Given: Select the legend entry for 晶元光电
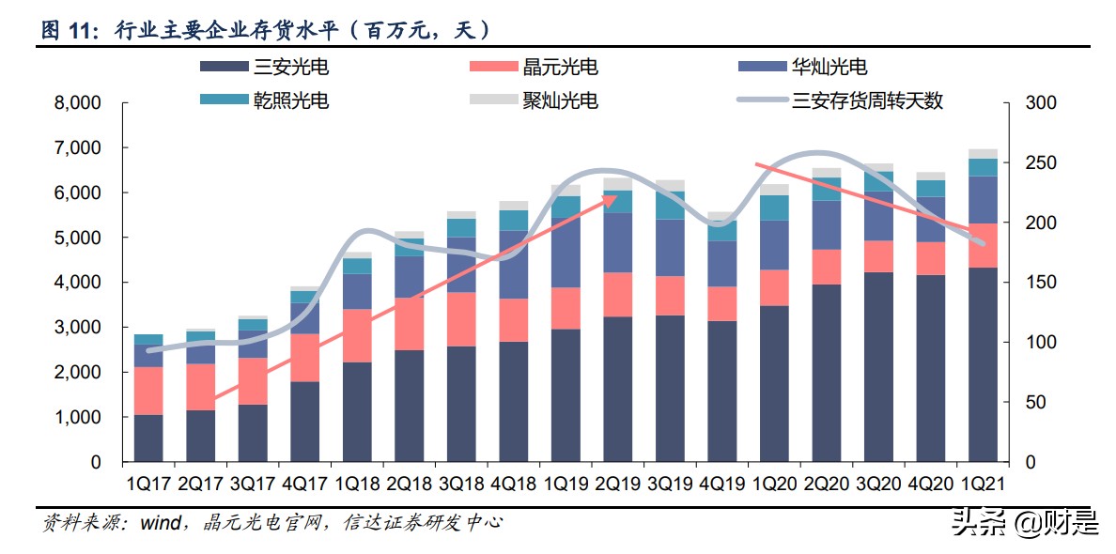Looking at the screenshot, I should pos(560,68).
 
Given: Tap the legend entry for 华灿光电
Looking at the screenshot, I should pos(829,68).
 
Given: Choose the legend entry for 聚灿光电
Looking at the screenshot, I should pos(560,100).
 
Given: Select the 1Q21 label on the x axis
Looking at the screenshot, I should pos(983,485).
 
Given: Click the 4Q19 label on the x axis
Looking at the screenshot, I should pos(721,485).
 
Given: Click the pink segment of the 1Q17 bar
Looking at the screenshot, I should pos(147,391).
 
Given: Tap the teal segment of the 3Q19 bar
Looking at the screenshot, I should pos(670,205).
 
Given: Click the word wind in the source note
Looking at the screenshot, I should pos(160,523).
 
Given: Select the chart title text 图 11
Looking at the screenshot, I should pos(68,30).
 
